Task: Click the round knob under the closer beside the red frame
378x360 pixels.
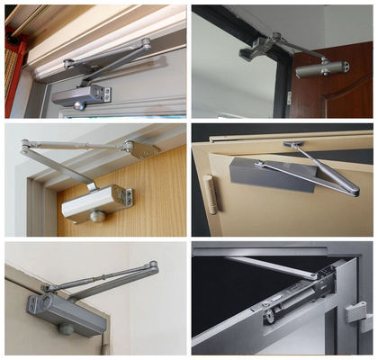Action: [78, 105]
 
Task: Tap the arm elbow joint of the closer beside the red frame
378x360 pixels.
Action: [145, 42]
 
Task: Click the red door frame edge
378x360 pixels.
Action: [13, 63]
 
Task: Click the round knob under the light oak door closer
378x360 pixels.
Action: [96, 217]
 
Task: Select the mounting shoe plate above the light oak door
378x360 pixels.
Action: [143, 149]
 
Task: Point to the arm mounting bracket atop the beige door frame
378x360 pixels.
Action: [294, 145]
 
